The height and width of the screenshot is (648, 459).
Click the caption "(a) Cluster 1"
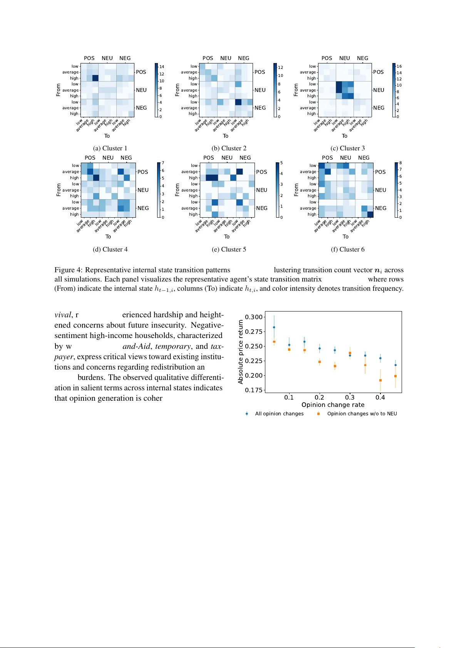point(110,148)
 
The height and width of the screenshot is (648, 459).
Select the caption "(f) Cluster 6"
point(347,250)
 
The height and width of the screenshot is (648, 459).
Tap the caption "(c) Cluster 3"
point(347,148)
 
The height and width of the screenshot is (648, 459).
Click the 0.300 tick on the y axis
point(254,317)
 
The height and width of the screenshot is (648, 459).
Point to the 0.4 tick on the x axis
point(380,398)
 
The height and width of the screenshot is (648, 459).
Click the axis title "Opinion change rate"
point(333,405)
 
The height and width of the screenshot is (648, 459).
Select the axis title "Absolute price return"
point(241,352)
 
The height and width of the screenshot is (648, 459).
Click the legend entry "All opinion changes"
point(279,414)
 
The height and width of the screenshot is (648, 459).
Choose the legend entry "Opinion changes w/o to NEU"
point(362,414)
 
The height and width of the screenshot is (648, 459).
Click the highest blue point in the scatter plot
point(274,327)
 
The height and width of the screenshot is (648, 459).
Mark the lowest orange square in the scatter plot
point(380,380)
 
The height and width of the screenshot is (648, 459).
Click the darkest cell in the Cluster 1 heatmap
point(95,78)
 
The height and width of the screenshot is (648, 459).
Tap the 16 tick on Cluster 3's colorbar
point(399,67)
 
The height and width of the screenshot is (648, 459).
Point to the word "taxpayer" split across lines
point(217,346)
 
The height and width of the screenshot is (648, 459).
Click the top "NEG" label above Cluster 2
point(243,58)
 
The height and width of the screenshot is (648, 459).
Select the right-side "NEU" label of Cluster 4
point(143,190)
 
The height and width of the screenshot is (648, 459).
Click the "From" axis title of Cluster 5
point(177,190)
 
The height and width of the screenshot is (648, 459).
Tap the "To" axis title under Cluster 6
point(345,237)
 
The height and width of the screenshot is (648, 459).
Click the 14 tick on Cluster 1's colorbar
point(162,67)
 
